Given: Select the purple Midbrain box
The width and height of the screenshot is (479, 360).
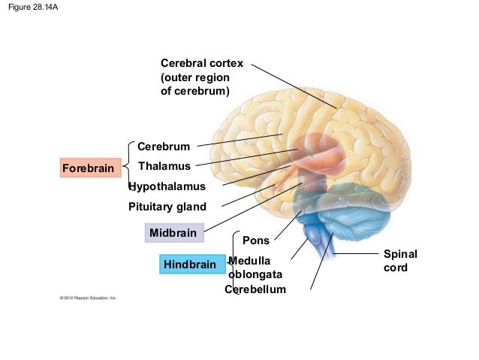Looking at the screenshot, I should click(x=173, y=233).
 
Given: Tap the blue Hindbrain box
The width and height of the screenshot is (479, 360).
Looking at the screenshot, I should click(x=189, y=265).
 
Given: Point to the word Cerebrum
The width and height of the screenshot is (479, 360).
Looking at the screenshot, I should click(x=163, y=146).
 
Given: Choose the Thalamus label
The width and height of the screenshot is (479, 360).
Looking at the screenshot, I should click(x=167, y=166).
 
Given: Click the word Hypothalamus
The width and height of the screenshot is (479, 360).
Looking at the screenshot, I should click(x=166, y=186).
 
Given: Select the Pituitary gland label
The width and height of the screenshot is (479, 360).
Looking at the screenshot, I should click(x=167, y=207).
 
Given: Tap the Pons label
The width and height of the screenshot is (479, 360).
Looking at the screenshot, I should click(x=257, y=241).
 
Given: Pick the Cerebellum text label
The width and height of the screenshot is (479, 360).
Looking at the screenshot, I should click(x=255, y=289).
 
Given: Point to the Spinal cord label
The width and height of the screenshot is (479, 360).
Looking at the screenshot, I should click(x=399, y=261).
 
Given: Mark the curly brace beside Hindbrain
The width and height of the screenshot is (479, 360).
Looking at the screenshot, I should click(x=234, y=263).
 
